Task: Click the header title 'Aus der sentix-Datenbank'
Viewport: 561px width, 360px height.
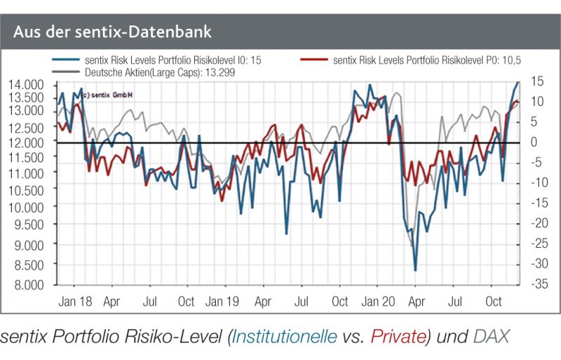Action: (x=112, y=32)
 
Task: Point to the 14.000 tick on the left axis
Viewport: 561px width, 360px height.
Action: (x=26, y=85)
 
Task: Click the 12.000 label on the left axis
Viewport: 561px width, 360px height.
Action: (x=26, y=142)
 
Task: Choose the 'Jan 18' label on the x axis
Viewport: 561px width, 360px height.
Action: (x=73, y=302)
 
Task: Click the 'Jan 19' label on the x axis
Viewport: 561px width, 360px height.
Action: (x=224, y=302)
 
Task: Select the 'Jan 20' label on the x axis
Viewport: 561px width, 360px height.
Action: (x=377, y=302)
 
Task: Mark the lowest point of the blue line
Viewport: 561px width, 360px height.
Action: (x=415, y=270)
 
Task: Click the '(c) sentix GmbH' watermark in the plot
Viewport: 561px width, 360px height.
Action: (x=109, y=94)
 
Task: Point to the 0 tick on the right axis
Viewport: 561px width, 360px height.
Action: (x=535, y=142)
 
